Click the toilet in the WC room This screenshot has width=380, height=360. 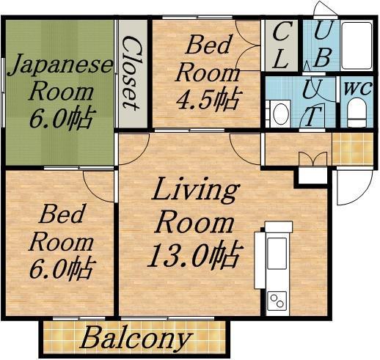point(357,112)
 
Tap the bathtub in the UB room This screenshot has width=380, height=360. point(357,45)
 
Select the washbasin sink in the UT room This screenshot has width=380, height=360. point(278,114)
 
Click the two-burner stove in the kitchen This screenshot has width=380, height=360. point(277,301)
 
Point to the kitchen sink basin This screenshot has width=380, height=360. point(277,253)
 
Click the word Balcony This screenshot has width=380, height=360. point(135,339)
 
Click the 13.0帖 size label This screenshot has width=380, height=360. point(194,255)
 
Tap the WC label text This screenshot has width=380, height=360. point(358,88)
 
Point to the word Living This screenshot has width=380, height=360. point(195,190)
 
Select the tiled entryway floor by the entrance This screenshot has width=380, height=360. point(353,149)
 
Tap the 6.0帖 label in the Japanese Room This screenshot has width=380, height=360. point(62,118)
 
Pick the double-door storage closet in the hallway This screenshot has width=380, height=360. point(313,159)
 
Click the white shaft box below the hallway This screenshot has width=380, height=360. point(313,175)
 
